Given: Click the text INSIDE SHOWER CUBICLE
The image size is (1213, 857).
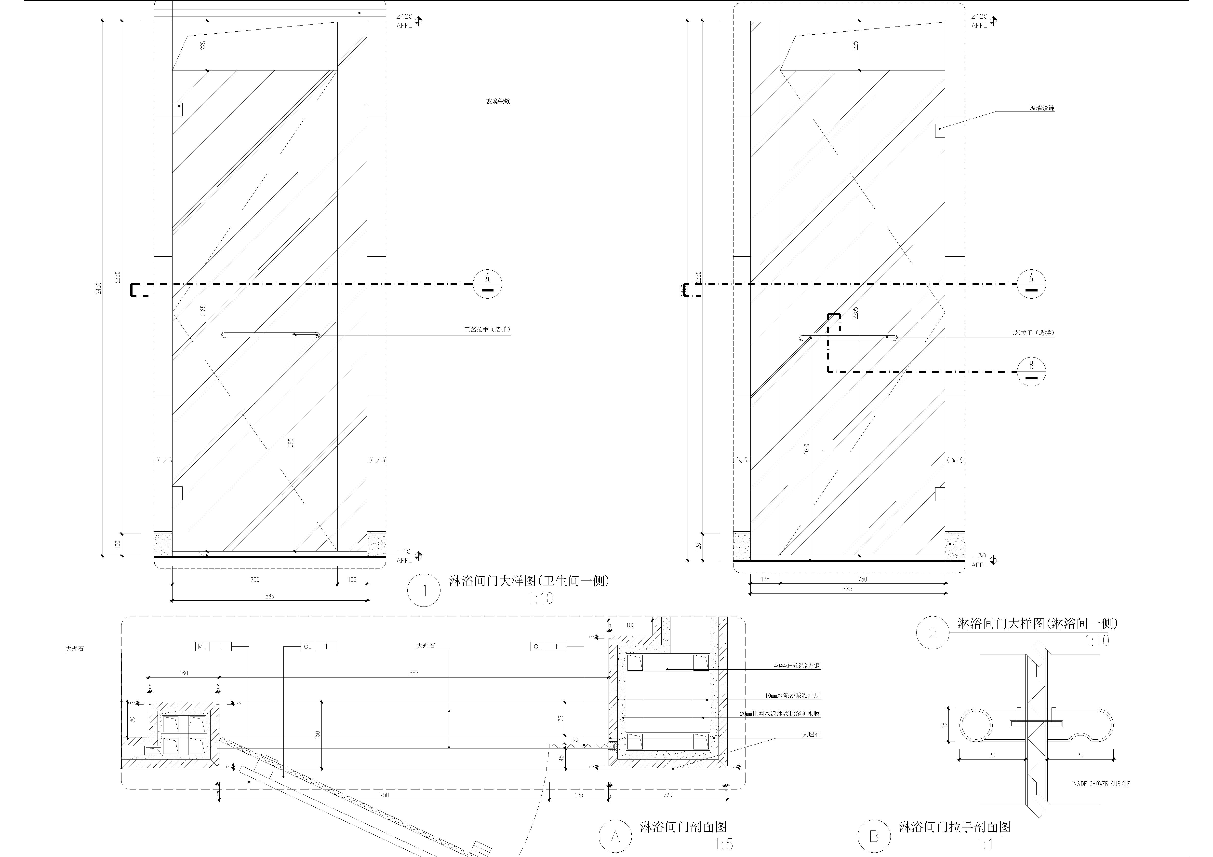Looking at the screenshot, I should [x=1100, y=784].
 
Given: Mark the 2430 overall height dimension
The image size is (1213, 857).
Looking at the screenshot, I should [x=98, y=288].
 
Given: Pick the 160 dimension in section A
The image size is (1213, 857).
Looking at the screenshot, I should [x=184, y=673].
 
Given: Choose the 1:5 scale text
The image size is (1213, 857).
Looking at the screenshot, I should [x=724, y=844].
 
